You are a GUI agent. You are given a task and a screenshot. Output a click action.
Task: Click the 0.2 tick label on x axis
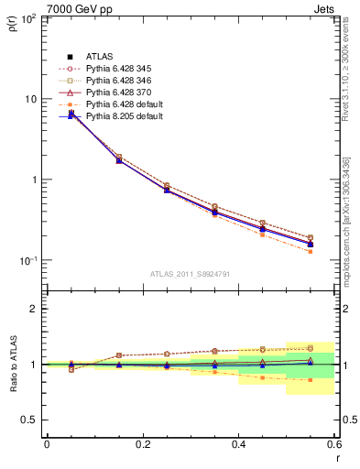[142, 444]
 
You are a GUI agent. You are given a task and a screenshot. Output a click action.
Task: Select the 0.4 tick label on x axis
[238, 444]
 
